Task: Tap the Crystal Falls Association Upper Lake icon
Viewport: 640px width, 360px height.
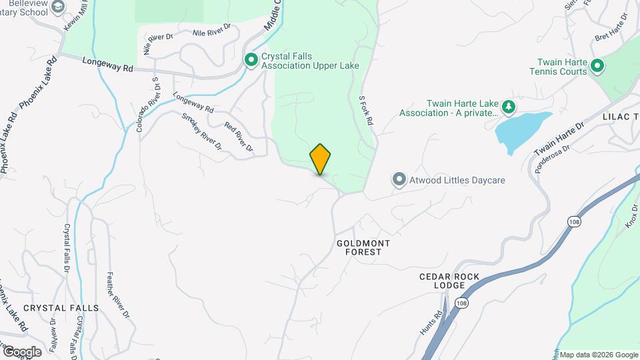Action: pyautogui.click(x=251, y=61)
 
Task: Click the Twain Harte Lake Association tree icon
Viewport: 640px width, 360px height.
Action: pyautogui.click(x=509, y=107)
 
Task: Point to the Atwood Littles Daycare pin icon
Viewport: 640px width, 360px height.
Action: pyautogui.click(x=399, y=179)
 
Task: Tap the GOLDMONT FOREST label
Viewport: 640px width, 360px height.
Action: pyautogui.click(x=363, y=247)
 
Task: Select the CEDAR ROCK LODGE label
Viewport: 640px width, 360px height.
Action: pyautogui.click(x=450, y=281)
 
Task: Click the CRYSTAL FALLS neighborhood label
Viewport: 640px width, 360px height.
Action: pyautogui.click(x=61, y=308)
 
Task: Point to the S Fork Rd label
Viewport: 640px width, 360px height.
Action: pyautogui.click(x=365, y=111)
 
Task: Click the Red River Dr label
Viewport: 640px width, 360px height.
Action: pyautogui.click(x=239, y=136)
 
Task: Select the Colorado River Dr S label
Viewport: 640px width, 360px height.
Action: pyautogui.click(x=148, y=104)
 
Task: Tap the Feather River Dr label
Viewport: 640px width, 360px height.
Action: pyautogui.click(x=117, y=294)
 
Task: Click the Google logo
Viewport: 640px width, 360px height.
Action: pyautogui.click(x=21, y=351)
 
